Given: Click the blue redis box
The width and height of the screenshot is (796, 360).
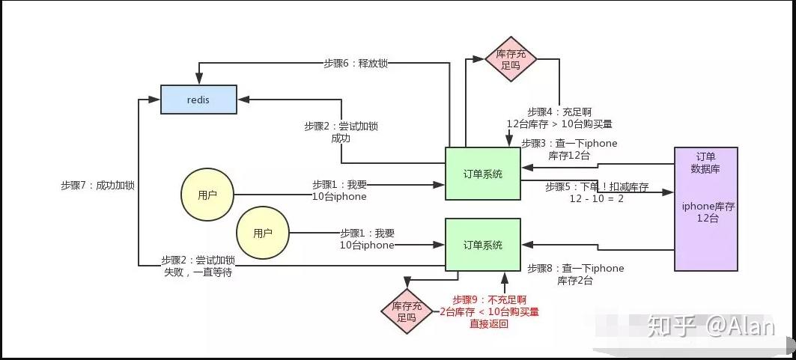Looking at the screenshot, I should [x=198, y=99].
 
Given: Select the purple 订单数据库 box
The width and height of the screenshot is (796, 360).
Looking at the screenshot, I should [x=705, y=208].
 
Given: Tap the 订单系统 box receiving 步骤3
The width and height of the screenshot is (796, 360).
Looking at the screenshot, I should [x=483, y=174].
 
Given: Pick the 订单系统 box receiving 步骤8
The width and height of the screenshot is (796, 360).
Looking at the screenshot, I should [x=483, y=245].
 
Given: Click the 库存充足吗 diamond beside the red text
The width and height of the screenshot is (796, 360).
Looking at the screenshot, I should [x=407, y=311].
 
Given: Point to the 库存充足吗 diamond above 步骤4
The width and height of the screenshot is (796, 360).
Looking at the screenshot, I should [x=511, y=59].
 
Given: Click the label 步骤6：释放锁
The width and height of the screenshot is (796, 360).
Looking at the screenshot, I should [x=356, y=64].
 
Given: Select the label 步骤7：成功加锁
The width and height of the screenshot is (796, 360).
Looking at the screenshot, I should [x=97, y=185].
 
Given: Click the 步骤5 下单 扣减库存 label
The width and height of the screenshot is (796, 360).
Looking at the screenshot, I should [x=596, y=193].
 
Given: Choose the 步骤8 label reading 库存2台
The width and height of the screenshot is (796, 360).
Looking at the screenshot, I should [x=575, y=274].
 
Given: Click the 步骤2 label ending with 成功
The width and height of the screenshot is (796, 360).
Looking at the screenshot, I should [x=341, y=132].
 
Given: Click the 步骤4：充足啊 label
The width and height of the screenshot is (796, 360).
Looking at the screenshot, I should [x=559, y=117].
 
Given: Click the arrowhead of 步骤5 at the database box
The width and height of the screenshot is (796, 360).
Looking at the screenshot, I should [x=669, y=192].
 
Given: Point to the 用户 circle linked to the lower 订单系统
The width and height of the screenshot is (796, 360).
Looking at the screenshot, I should [x=263, y=233].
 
